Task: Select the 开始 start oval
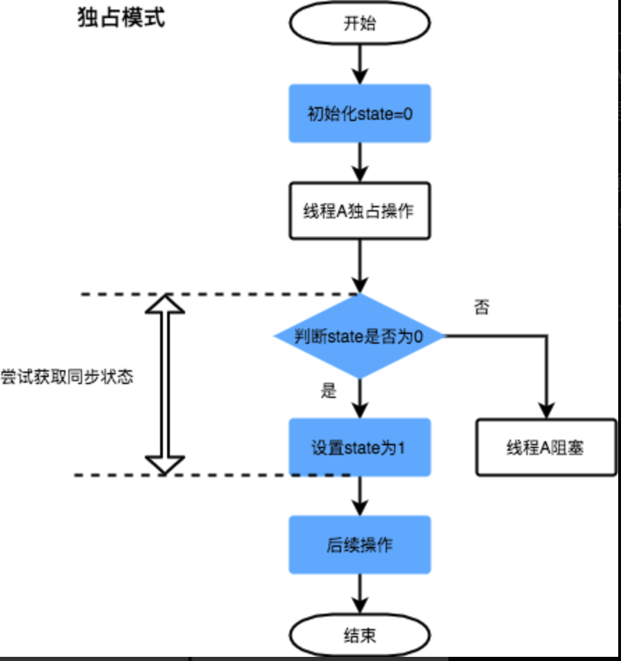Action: coord(359,24)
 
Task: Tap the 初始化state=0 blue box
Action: coord(360,113)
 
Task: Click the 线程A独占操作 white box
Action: coord(359,210)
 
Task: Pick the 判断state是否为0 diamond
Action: coord(359,336)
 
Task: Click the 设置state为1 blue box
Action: coord(359,447)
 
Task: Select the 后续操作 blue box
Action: coord(359,545)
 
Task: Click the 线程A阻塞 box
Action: coord(546,447)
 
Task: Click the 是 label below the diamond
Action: coord(329,391)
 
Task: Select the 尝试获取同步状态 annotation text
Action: coord(67,377)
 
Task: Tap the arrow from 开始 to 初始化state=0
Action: coord(360,66)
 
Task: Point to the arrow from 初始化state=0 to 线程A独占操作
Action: coord(360,163)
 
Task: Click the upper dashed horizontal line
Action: coord(216,294)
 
